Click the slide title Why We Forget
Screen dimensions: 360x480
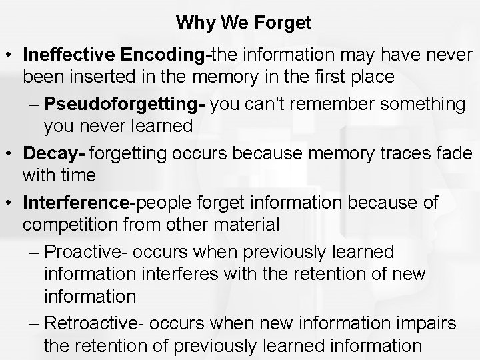243,23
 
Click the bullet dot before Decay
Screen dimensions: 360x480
10,154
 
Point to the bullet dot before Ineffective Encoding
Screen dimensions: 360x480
10,53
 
